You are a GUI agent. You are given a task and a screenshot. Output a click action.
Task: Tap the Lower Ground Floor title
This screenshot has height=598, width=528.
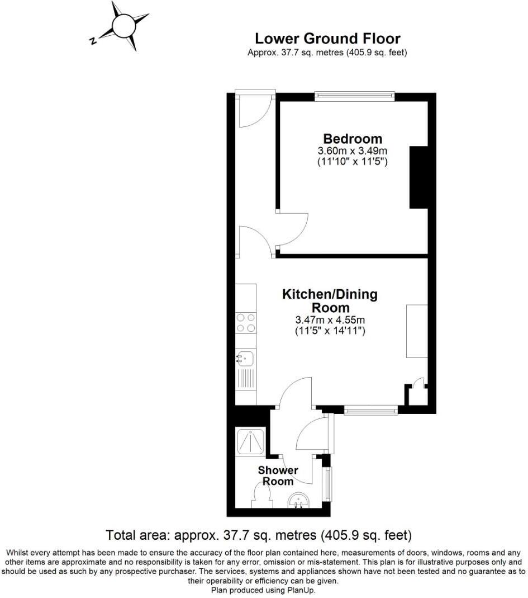click(x=327, y=39)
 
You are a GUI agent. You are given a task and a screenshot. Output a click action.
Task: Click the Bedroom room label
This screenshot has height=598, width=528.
click(x=353, y=139)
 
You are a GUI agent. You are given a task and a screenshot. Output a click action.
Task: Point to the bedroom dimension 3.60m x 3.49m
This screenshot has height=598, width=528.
click(x=353, y=151)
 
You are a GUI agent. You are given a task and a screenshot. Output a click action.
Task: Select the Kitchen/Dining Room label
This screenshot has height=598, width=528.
click(x=330, y=300)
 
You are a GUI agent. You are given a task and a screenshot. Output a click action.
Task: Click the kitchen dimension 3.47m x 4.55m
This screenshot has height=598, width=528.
click(x=330, y=321)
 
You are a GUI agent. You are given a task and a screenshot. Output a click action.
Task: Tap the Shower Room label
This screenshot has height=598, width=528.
click(x=278, y=475)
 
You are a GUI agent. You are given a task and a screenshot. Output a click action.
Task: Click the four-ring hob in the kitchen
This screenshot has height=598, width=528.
click(x=246, y=323)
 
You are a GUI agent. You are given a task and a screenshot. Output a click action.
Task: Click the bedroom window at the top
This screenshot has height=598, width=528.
click(x=355, y=96)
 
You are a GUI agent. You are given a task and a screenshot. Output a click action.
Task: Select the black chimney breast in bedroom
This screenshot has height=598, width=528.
click(x=418, y=177)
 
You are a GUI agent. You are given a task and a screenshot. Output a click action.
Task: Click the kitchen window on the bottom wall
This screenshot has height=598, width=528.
click(x=371, y=411)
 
